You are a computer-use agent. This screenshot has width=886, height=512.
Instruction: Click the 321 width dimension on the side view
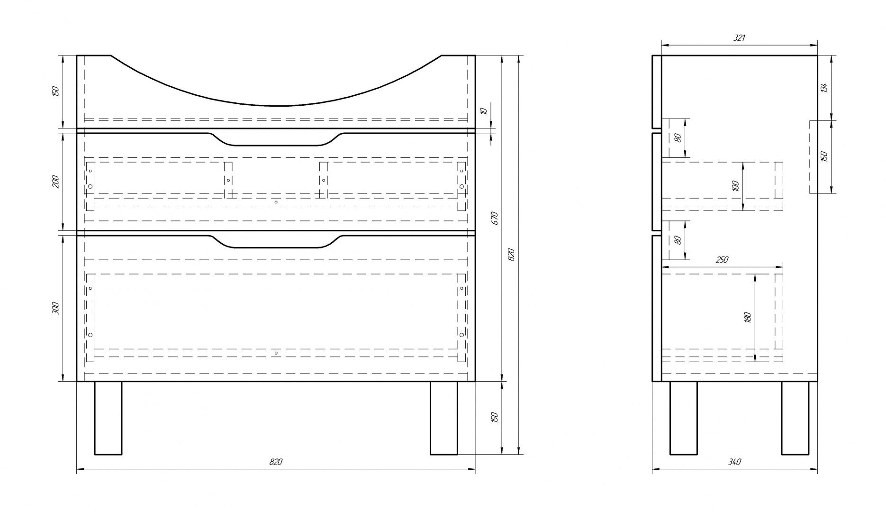pos(739,38)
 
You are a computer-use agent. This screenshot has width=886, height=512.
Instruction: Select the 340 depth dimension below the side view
pos(735,462)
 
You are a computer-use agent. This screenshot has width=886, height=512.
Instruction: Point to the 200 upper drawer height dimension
pos(55,181)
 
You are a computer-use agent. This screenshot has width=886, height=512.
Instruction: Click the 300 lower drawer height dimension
pos(55,308)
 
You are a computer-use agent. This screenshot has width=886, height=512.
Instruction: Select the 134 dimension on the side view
pos(824,88)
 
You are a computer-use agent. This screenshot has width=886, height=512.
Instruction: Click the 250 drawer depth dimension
pos(722,260)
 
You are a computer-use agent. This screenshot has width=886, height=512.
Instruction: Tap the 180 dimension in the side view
pos(748,317)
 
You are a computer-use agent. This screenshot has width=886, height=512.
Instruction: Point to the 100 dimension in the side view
pos(735,185)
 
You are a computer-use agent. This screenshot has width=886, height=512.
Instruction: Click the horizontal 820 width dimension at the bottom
pos(276,462)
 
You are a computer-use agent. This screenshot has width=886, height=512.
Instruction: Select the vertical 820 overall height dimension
pos(511,255)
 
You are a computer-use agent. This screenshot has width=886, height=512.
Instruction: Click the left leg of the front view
pos(108,418)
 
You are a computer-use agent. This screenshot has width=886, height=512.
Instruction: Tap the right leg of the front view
pos(444,418)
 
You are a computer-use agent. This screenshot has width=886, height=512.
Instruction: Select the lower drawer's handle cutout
pos(276,241)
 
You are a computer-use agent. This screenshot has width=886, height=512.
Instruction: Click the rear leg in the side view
pos(795,418)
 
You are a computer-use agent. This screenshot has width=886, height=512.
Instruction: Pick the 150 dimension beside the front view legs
pos(495,418)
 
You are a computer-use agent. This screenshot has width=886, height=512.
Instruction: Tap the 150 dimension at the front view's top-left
pos(55,91)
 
